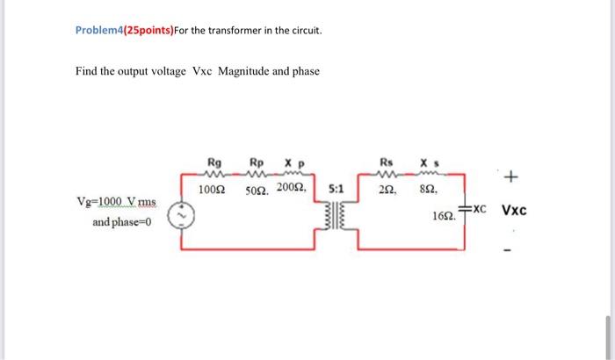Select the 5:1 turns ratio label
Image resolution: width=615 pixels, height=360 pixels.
tap(336, 189)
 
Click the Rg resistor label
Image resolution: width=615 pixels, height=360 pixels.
tap(213, 162)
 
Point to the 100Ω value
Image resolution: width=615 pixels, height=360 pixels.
tap(211, 189)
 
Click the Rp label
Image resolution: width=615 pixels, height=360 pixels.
tap(256, 162)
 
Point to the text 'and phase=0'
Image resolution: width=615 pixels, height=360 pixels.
tap(122, 222)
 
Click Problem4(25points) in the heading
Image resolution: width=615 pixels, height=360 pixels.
tap(124, 31)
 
